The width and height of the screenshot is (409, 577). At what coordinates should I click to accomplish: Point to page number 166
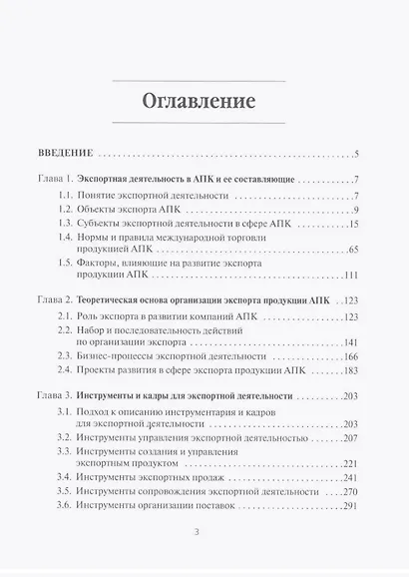coord(350,356)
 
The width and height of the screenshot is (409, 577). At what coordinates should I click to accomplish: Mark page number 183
coord(350,371)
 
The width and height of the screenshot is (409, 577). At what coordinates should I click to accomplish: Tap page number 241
coord(350,477)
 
